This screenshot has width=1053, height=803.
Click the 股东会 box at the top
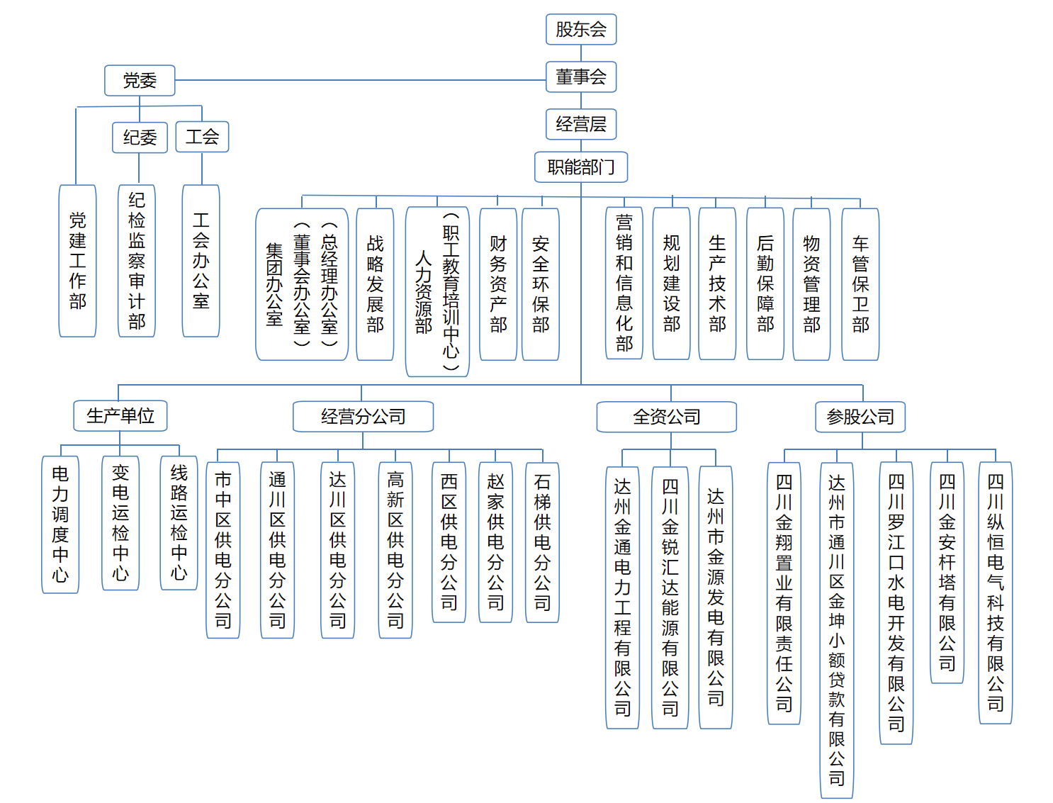click(x=581, y=29)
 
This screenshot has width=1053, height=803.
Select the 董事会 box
click(x=581, y=77)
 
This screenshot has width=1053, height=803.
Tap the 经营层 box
click(x=581, y=124)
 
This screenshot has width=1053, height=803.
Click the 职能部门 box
click(x=581, y=167)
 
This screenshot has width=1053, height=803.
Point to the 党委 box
click(x=140, y=81)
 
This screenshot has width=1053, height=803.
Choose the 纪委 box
click(x=140, y=137)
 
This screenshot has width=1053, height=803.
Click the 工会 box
click(x=202, y=137)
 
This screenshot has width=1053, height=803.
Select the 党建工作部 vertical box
click(x=77, y=261)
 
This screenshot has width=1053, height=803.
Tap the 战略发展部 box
click(x=375, y=284)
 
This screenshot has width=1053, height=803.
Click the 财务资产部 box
click(x=498, y=284)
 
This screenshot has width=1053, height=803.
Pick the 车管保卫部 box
click(x=860, y=284)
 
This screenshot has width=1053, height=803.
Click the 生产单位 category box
click(x=120, y=416)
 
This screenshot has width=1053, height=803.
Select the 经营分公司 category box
click(x=363, y=417)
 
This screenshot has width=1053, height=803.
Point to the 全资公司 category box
click(x=666, y=417)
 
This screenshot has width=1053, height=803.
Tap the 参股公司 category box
click(x=860, y=417)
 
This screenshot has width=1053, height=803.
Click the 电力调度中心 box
click(x=60, y=524)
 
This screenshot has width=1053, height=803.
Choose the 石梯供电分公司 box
click(x=542, y=543)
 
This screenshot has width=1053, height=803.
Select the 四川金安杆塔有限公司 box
click(x=947, y=573)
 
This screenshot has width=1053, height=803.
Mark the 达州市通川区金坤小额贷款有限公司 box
click(x=836, y=630)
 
